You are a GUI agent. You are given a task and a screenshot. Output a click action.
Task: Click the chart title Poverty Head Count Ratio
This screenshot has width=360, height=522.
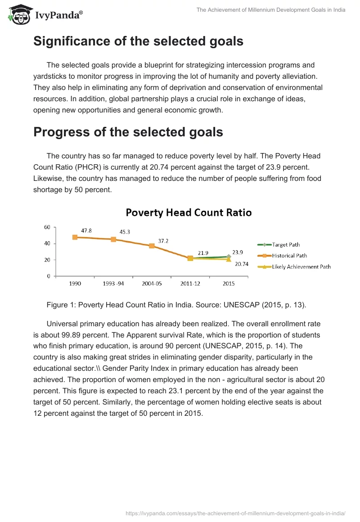tap(189, 212)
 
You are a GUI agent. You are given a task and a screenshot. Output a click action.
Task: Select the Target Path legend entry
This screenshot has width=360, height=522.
tap(286, 245)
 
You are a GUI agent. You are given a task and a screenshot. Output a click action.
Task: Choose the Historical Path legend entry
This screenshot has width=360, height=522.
tap(289, 256)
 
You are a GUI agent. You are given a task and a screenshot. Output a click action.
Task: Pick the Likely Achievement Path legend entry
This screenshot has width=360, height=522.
tap(301, 266)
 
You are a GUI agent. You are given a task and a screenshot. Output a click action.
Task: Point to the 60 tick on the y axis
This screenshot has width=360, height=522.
tap(47, 227)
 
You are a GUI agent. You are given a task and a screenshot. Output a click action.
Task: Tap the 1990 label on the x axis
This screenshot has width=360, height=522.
tap(75, 284)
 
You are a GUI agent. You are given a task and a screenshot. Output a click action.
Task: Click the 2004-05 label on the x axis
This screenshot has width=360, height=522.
tap(152, 284)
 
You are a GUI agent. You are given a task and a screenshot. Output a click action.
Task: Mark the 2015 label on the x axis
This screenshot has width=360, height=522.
tap(228, 284)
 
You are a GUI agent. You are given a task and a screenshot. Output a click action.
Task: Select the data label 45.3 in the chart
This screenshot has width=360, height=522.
tap(125, 232)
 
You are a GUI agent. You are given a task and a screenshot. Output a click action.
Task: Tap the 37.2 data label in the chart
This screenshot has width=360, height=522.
tap(163, 241)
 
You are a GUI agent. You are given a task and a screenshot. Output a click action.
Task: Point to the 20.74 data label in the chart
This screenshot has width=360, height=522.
tap(242, 264)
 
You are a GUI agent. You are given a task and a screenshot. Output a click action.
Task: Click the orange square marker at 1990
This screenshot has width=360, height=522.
tap(75, 237)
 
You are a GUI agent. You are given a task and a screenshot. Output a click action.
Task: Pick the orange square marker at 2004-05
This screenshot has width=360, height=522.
tap(152, 246)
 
